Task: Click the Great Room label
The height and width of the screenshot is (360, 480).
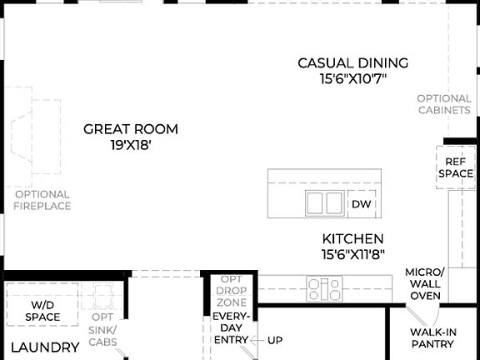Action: (x=131, y=129)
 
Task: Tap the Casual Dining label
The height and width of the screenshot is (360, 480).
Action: (x=353, y=62)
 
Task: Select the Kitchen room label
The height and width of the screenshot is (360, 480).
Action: (x=353, y=238)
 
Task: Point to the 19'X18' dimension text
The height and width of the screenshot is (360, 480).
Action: (x=131, y=146)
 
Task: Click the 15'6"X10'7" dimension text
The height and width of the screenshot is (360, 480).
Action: (x=353, y=79)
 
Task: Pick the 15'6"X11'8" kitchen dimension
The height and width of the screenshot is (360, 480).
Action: (x=353, y=254)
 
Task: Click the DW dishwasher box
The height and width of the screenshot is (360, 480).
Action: (x=360, y=204)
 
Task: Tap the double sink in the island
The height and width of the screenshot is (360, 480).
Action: (x=324, y=202)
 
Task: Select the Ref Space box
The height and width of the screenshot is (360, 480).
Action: (x=456, y=167)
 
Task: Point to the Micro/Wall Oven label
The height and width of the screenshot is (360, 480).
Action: (x=425, y=283)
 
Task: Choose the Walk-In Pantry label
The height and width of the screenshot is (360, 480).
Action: (x=433, y=338)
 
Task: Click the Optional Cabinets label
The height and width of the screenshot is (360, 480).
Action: (x=444, y=104)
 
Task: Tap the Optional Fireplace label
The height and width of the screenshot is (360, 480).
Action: (x=42, y=200)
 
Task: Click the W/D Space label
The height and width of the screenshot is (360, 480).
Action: (x=42, y=311)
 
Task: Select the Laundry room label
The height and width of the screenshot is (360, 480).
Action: (x=45, y=347)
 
